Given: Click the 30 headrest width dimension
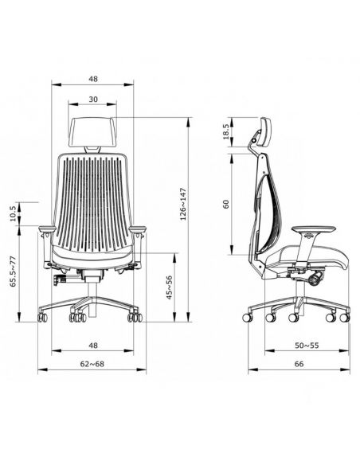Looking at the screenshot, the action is (x=93, y=100).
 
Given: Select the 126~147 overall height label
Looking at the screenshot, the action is (x=183, y=204).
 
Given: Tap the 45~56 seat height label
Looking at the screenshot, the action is (x=169, y=287).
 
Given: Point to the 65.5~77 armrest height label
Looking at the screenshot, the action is (x=14, y=272).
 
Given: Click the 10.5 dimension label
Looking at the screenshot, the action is (x=13, y=214).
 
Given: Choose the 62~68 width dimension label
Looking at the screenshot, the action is (x=92, y=364).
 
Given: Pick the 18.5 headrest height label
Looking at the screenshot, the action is (x=225, y=132).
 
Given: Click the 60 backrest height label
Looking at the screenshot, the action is (x=226, y=205).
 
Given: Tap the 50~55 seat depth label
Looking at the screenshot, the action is (x=307, y=346).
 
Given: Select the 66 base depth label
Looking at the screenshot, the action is (x=299, y=364).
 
